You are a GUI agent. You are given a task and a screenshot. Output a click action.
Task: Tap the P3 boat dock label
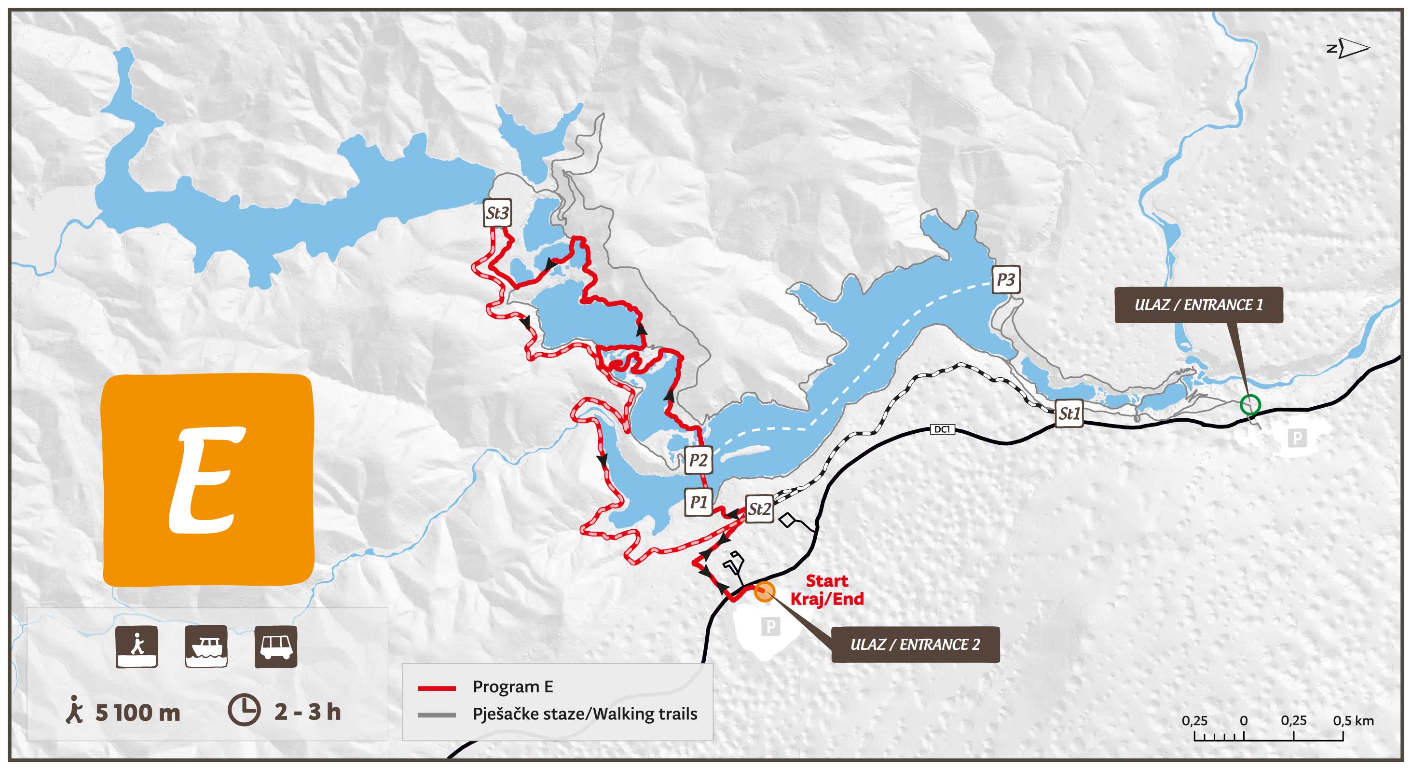(1006, 279)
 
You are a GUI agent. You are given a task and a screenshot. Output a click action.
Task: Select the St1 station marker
(1069, 413)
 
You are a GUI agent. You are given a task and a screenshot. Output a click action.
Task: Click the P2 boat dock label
(698, 460)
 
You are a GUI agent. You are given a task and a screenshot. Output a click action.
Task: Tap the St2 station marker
(759, 509)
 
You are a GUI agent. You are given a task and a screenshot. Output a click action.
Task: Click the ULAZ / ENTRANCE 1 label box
(1198, 305)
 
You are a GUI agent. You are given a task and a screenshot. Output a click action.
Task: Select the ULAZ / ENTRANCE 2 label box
(915, 645)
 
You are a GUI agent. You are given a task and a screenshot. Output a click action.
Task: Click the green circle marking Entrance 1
(1250, 405)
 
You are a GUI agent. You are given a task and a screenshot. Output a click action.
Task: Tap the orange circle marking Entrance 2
(764, 591)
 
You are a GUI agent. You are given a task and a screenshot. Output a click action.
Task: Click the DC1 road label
(942, 429)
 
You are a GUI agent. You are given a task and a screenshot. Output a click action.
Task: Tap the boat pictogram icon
(206, 646)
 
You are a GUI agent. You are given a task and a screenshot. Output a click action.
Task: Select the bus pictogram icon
(276, 646)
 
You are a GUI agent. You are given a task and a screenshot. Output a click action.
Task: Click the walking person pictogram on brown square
(137, 646)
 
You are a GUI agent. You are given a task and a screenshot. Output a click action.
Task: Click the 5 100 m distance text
(137, 713)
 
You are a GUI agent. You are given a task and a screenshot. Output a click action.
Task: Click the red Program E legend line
(437, 688)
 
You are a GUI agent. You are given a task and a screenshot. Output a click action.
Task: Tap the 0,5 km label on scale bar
(1353, 721)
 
